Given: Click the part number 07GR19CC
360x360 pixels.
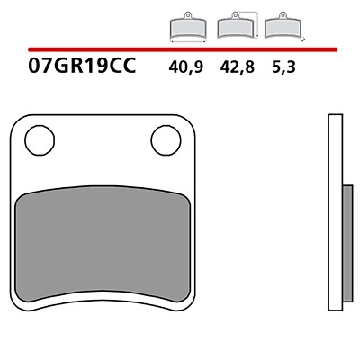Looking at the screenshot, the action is click(82, 66).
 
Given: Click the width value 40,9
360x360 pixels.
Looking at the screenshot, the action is click(186, 67).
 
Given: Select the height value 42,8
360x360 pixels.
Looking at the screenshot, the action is click(238, 67).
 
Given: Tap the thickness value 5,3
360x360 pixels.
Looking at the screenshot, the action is click(283, 67).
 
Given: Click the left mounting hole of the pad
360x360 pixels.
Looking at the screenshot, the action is click(40, 140).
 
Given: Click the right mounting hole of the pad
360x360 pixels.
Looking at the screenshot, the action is click(166, 140).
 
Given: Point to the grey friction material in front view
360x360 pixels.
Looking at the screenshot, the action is click(103, 243).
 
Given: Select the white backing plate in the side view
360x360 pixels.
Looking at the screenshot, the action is click(336, 212).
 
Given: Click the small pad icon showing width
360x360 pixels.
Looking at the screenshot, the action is click(188, 26).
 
